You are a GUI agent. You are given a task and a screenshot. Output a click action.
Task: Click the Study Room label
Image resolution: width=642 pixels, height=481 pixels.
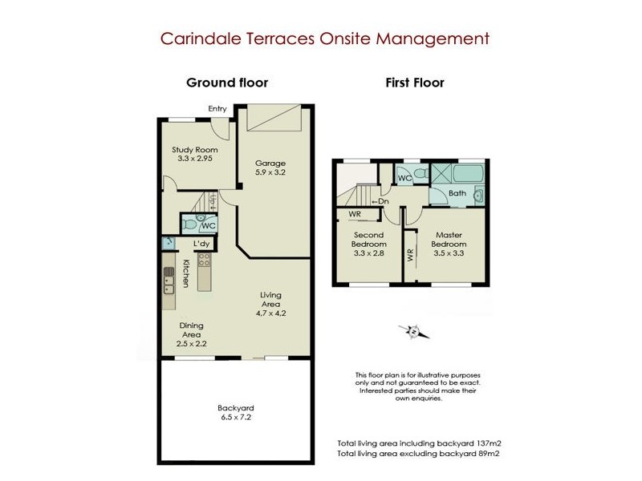tap(194, 149)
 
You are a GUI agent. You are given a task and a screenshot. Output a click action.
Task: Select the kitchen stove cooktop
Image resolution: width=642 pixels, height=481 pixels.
tap(204, 259)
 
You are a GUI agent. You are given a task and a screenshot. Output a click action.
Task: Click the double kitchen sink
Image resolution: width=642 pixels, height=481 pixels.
tap(169, 278)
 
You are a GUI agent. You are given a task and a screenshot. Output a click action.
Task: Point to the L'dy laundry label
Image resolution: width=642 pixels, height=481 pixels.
tap(201, 243)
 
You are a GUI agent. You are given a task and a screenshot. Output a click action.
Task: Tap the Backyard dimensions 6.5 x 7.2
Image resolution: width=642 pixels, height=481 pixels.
tap(234, 418)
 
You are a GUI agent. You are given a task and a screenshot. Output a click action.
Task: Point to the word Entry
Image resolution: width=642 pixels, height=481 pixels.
tap(217, 109)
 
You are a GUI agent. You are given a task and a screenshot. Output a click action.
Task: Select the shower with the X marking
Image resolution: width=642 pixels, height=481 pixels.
tap(441, 174)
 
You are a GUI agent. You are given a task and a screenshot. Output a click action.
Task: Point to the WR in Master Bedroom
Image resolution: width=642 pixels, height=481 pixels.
tap(410, 255)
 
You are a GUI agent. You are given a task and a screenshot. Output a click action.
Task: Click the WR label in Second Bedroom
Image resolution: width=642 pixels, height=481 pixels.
tap(353, 214)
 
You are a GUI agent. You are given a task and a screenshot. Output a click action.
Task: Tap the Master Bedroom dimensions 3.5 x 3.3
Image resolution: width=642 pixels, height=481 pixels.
tap(449, 253)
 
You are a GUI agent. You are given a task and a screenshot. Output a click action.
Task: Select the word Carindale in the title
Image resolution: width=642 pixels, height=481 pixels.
tap(196, 38)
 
